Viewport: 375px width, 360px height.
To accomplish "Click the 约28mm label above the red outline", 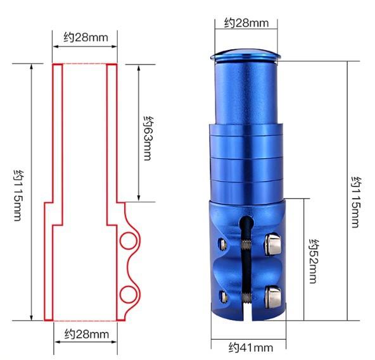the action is (86, 37).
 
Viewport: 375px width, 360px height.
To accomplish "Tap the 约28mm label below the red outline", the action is (87, 334).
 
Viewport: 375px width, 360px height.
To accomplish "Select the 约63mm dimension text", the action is (148, 139).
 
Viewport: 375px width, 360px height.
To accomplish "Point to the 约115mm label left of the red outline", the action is (18, 196).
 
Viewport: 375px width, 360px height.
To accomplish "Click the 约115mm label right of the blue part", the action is (356, 202).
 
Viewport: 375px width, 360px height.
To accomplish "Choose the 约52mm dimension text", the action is (314, 261).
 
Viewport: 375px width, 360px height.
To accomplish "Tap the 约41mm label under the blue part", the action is (251, 347).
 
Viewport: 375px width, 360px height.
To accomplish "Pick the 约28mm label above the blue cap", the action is (246, 23).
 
